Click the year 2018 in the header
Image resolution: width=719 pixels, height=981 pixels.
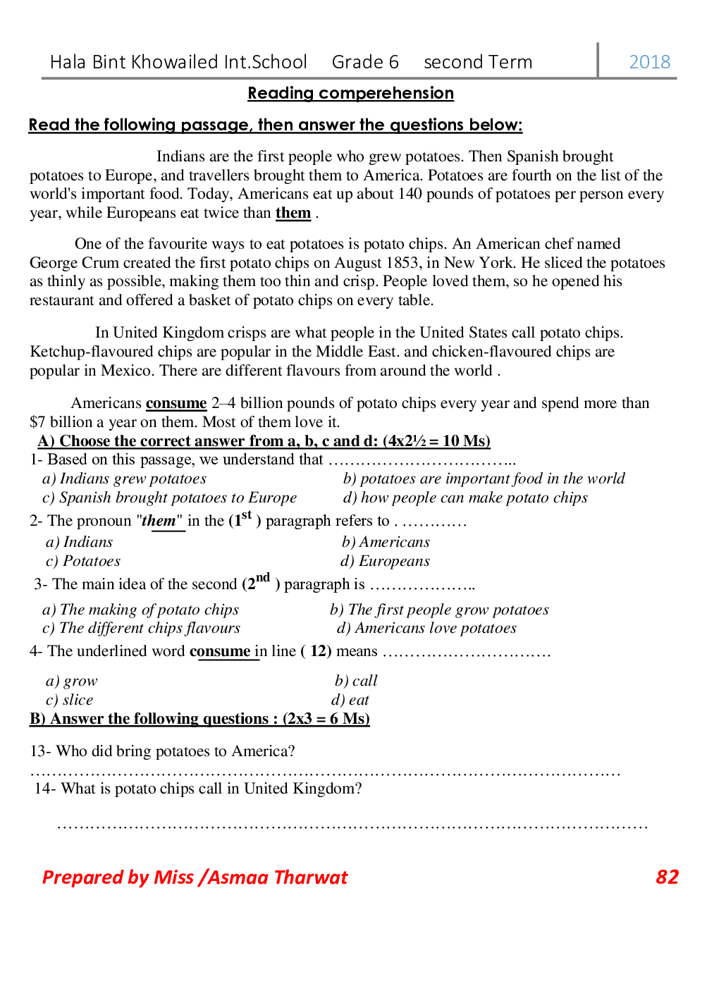(x=649, y=62)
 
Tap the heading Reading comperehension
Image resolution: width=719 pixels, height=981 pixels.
(x=350, y=93)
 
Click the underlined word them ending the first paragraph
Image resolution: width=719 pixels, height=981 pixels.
(x=293, y=213)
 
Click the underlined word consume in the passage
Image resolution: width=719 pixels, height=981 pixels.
(x=176, y=403)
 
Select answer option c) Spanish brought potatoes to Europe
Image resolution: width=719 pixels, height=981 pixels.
(x=169, y=498)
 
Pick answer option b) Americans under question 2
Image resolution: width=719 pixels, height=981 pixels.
(x=386, y=542)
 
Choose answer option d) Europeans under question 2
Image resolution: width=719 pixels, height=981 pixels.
(x=385, y=561)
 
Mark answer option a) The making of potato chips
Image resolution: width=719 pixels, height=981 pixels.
(x=140, y=610)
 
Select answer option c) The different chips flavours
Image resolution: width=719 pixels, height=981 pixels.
(x=141, y=628)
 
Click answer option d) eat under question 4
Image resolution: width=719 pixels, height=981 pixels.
(x=350, y=700)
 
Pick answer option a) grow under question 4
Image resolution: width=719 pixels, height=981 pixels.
(x=72, y=681)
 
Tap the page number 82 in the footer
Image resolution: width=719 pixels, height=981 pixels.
(x=667, y=877)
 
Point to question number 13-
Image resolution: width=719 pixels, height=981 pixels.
(x=40, y=751)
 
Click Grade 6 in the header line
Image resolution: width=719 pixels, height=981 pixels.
(x=365, y=62)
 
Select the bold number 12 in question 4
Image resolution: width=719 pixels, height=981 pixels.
(x=320, y=651)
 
